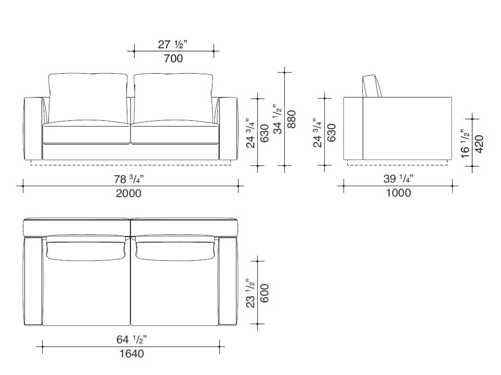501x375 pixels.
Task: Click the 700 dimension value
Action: coord(173,59)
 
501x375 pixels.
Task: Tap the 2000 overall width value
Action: coord(128,193)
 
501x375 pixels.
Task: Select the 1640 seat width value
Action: coord(131,353)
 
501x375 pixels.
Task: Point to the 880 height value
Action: coord(292,119)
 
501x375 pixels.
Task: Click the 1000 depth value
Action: coord(399,192)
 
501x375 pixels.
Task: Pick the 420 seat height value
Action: coord(479,144)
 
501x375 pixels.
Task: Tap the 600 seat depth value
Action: coord(264,294)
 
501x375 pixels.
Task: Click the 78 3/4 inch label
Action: coord(129,179)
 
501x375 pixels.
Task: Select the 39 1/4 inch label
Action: coord(399,178)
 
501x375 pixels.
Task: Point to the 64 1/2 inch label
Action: coord(131,339)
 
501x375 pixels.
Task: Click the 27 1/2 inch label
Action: coord(173,44)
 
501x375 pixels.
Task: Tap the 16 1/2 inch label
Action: coord(465,144)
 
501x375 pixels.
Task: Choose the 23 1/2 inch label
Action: coord(250,293)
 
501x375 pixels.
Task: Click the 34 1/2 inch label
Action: coord(277,119)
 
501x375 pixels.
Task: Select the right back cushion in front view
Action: coord(174,98)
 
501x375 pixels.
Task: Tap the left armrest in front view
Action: coord(34,129)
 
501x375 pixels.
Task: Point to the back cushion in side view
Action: coord(372,86)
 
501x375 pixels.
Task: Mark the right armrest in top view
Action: coord(228,281)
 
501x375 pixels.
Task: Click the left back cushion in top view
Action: coord(86,248)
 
